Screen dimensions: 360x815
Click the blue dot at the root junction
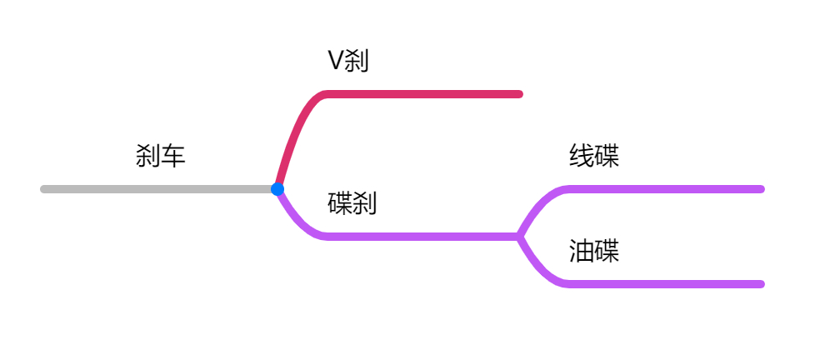click(277, 189)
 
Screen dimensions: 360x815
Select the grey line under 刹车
click(158, 189)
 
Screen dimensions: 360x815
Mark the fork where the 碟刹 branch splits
click(519, 237)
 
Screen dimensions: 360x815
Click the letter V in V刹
click(336, 61)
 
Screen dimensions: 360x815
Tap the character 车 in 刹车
click(173, 156)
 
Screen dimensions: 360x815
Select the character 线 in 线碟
click(582, 156)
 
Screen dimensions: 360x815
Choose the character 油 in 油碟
click(582, 251)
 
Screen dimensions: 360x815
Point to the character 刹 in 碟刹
click(365, 203)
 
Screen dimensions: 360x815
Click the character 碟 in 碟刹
click(340, 203)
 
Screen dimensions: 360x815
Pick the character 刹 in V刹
click(357, 61)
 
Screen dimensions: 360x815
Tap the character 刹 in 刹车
click(148, 156)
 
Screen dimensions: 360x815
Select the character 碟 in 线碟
click(607, 156)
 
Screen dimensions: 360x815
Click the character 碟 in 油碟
click(607, 251)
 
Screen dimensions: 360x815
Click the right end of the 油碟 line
click(760, 284)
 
